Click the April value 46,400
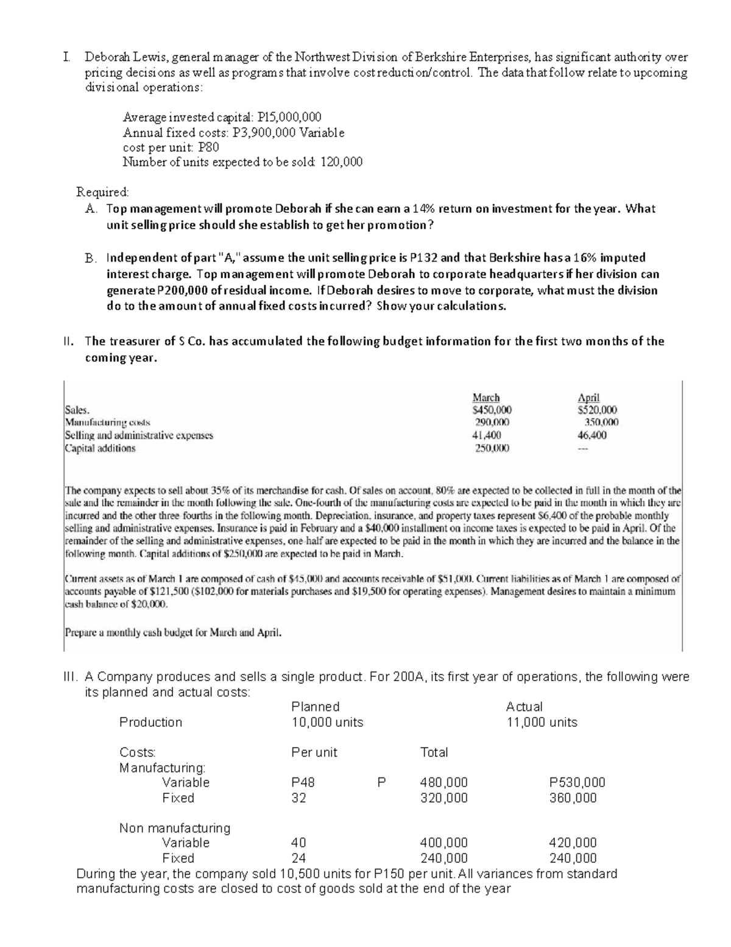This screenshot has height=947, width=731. click(x=592, y=435)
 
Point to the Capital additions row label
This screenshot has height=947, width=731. click(x=100, y=448)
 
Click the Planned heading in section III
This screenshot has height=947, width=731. click(x=316, y=707)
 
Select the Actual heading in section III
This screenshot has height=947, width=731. click(x=524, y=707)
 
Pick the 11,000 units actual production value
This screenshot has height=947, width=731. click(x=542, y=723)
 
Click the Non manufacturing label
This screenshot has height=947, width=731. click(x=175, y=828)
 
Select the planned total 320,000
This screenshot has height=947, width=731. click(x=444, y=798)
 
